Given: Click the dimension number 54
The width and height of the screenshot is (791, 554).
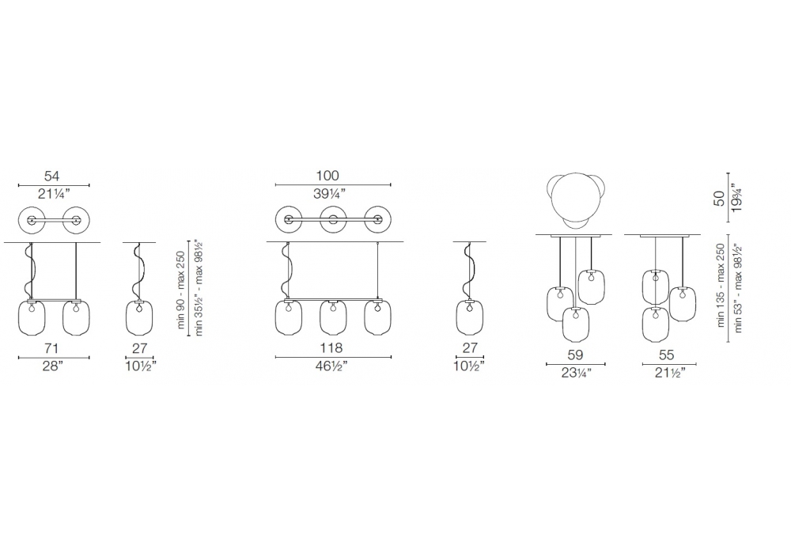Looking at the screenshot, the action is point(52,176).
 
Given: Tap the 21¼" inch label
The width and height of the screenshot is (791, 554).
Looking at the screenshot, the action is point(54,194).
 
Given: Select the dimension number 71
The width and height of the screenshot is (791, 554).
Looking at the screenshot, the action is point(52,348).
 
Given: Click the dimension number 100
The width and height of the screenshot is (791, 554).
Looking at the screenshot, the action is point(327,176).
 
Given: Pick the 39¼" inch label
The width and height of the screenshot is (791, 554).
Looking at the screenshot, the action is point(329,194).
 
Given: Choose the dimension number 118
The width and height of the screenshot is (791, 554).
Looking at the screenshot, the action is point(331,347).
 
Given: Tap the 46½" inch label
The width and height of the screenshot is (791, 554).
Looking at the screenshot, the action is point(331,366).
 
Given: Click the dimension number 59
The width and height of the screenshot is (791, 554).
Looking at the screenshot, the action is point(575,355).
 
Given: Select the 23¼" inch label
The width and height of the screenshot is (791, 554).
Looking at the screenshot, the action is point(576,374).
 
